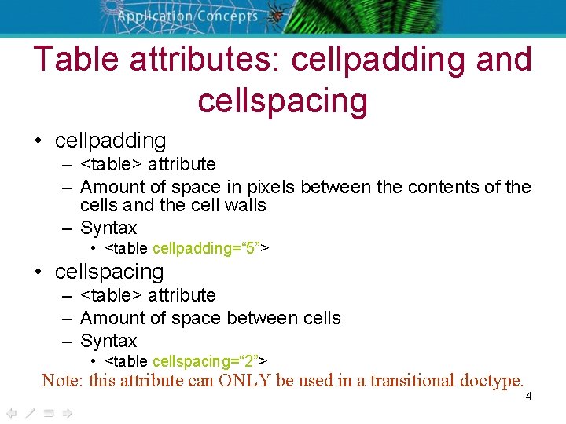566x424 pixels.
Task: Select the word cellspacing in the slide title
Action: tap(283, 101)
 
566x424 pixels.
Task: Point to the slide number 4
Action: tap(528, 396)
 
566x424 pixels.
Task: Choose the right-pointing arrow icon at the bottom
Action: tap(67, 413)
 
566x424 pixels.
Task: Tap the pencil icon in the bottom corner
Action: tap(30, 413)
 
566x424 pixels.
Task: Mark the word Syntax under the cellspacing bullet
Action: tap(108, 341)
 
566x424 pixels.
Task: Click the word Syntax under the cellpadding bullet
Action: tap(108, 228)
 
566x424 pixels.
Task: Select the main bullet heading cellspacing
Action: tap(109, 272)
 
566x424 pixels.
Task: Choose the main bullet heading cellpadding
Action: tap(110, 141)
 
